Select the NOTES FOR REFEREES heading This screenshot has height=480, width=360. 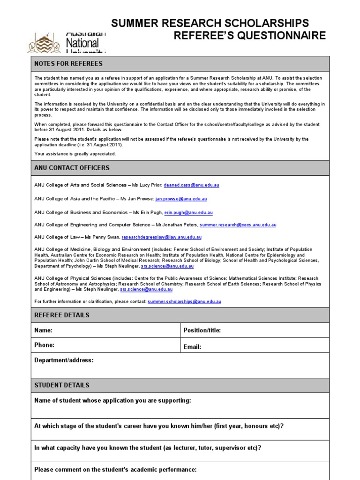(68, 64)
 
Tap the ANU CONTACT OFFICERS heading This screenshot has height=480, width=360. (72, 168)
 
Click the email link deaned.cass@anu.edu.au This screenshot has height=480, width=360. (191, 185)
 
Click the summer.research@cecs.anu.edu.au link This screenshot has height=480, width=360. (238, 225)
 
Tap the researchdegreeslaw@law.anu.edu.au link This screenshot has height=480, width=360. (161, 238)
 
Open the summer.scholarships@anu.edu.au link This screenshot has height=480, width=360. (184, 302)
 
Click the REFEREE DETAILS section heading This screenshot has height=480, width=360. (62, 315)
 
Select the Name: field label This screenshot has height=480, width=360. (43, 330)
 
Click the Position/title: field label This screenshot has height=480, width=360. (202, 330)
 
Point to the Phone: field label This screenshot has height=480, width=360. (45, 345)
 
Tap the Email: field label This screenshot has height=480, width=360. (193, 347)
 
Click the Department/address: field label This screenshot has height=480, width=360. (64, 360)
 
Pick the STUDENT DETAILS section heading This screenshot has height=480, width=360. (62, 385)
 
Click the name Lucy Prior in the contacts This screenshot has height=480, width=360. (148, 185)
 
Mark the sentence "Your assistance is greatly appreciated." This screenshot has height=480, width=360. (75, 154)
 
